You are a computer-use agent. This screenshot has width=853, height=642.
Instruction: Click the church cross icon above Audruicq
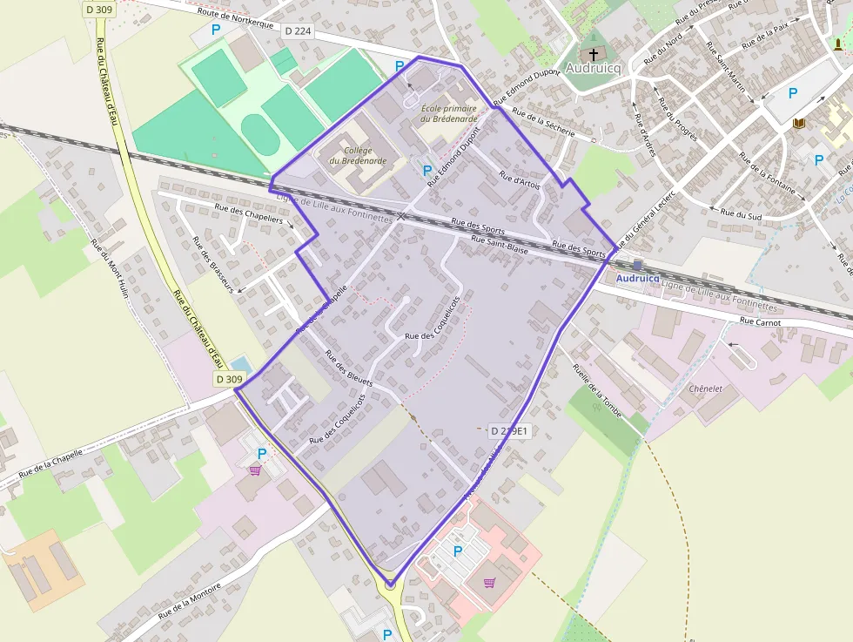594,53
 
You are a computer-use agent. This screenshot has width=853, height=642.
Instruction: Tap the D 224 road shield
298,30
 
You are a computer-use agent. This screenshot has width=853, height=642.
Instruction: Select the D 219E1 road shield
509,430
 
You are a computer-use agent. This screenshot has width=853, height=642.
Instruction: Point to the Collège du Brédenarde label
352,155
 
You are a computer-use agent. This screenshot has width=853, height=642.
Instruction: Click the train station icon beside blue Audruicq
638,265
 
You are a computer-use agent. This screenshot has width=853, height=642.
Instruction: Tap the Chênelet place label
706,388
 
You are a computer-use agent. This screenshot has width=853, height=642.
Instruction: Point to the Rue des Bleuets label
348,368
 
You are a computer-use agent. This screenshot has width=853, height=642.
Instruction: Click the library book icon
798,125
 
